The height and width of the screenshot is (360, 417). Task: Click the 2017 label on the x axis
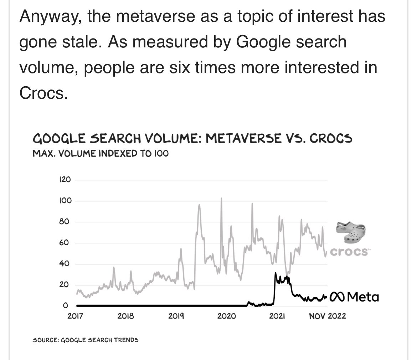click(x=75, y=316)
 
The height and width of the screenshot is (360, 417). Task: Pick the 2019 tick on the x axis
click(x=176, y=316)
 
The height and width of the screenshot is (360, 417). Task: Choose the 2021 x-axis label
click(x=276, y=316)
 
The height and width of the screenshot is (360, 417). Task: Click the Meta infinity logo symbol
click(x=336, y=297)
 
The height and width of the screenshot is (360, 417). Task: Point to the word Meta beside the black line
click(x=362, y=297)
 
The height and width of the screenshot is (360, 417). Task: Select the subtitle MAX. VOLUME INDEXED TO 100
click(x=101, y=154)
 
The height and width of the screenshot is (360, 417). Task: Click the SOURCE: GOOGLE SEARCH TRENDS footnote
click(x=86, y=340)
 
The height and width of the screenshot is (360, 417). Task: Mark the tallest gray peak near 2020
click(x=221, y=198)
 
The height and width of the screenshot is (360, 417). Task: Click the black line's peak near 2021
click(x=276, y=273)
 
